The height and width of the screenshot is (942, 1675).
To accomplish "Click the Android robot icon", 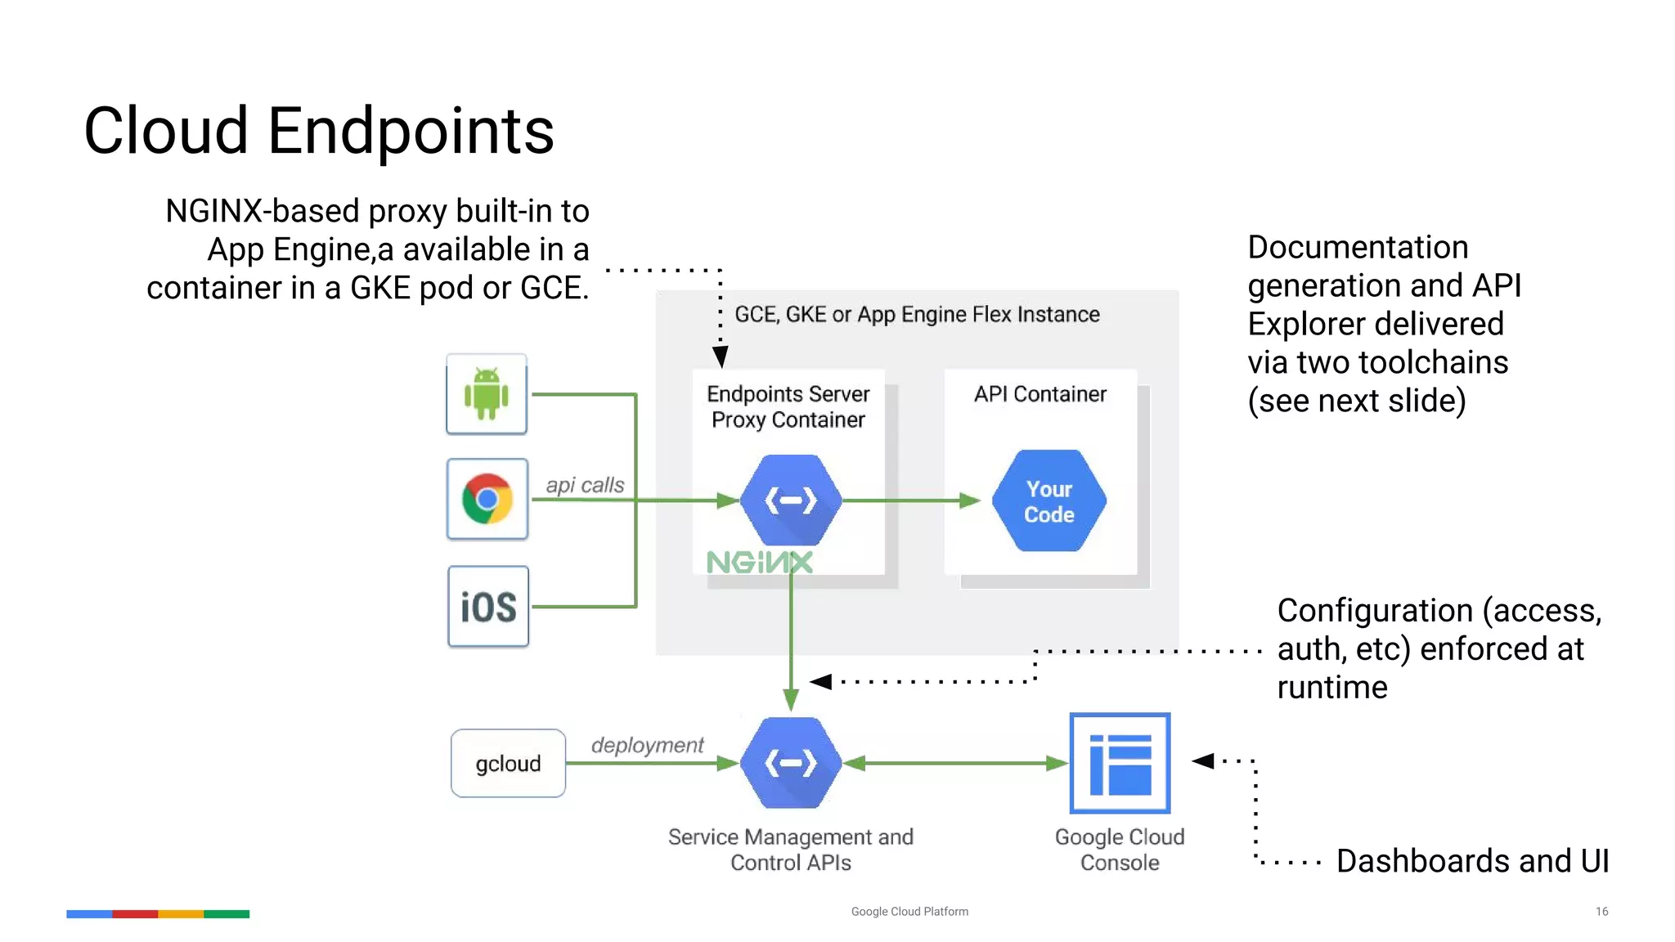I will pos(487,394).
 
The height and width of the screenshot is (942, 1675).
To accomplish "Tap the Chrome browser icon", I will pos(487,499).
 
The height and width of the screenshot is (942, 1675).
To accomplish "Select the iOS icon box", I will pos(488,607).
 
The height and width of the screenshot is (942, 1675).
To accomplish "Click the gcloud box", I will pos(508,763).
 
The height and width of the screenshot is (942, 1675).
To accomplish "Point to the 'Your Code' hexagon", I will pos(1049,500).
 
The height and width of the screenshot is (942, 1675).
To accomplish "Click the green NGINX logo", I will pos(760,562).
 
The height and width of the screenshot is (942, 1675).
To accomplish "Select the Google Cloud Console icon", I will pos(1120,763).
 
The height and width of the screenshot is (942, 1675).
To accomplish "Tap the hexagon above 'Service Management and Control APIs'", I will pos(791,763).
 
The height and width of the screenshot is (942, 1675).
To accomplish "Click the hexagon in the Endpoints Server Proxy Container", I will pos(791,500).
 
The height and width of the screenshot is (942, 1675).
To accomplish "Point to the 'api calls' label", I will pos(585,485).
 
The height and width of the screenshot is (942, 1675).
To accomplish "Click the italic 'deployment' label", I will pos(647,745).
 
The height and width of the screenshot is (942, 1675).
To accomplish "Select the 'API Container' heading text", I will pos(1040,394).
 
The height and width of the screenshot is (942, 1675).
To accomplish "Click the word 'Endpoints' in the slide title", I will pos(411,131).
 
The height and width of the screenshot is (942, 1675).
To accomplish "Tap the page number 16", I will pos(1601,911).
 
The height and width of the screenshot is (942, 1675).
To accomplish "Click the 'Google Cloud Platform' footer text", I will pos(909,911).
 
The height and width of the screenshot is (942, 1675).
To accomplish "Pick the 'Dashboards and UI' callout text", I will pos(1472,861).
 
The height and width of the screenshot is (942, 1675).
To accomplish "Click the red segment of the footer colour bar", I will pos(135,913).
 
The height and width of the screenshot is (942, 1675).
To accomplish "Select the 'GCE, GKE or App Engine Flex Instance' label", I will pos(917,315).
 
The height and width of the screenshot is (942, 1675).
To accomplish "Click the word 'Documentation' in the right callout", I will pos(1358,247).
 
